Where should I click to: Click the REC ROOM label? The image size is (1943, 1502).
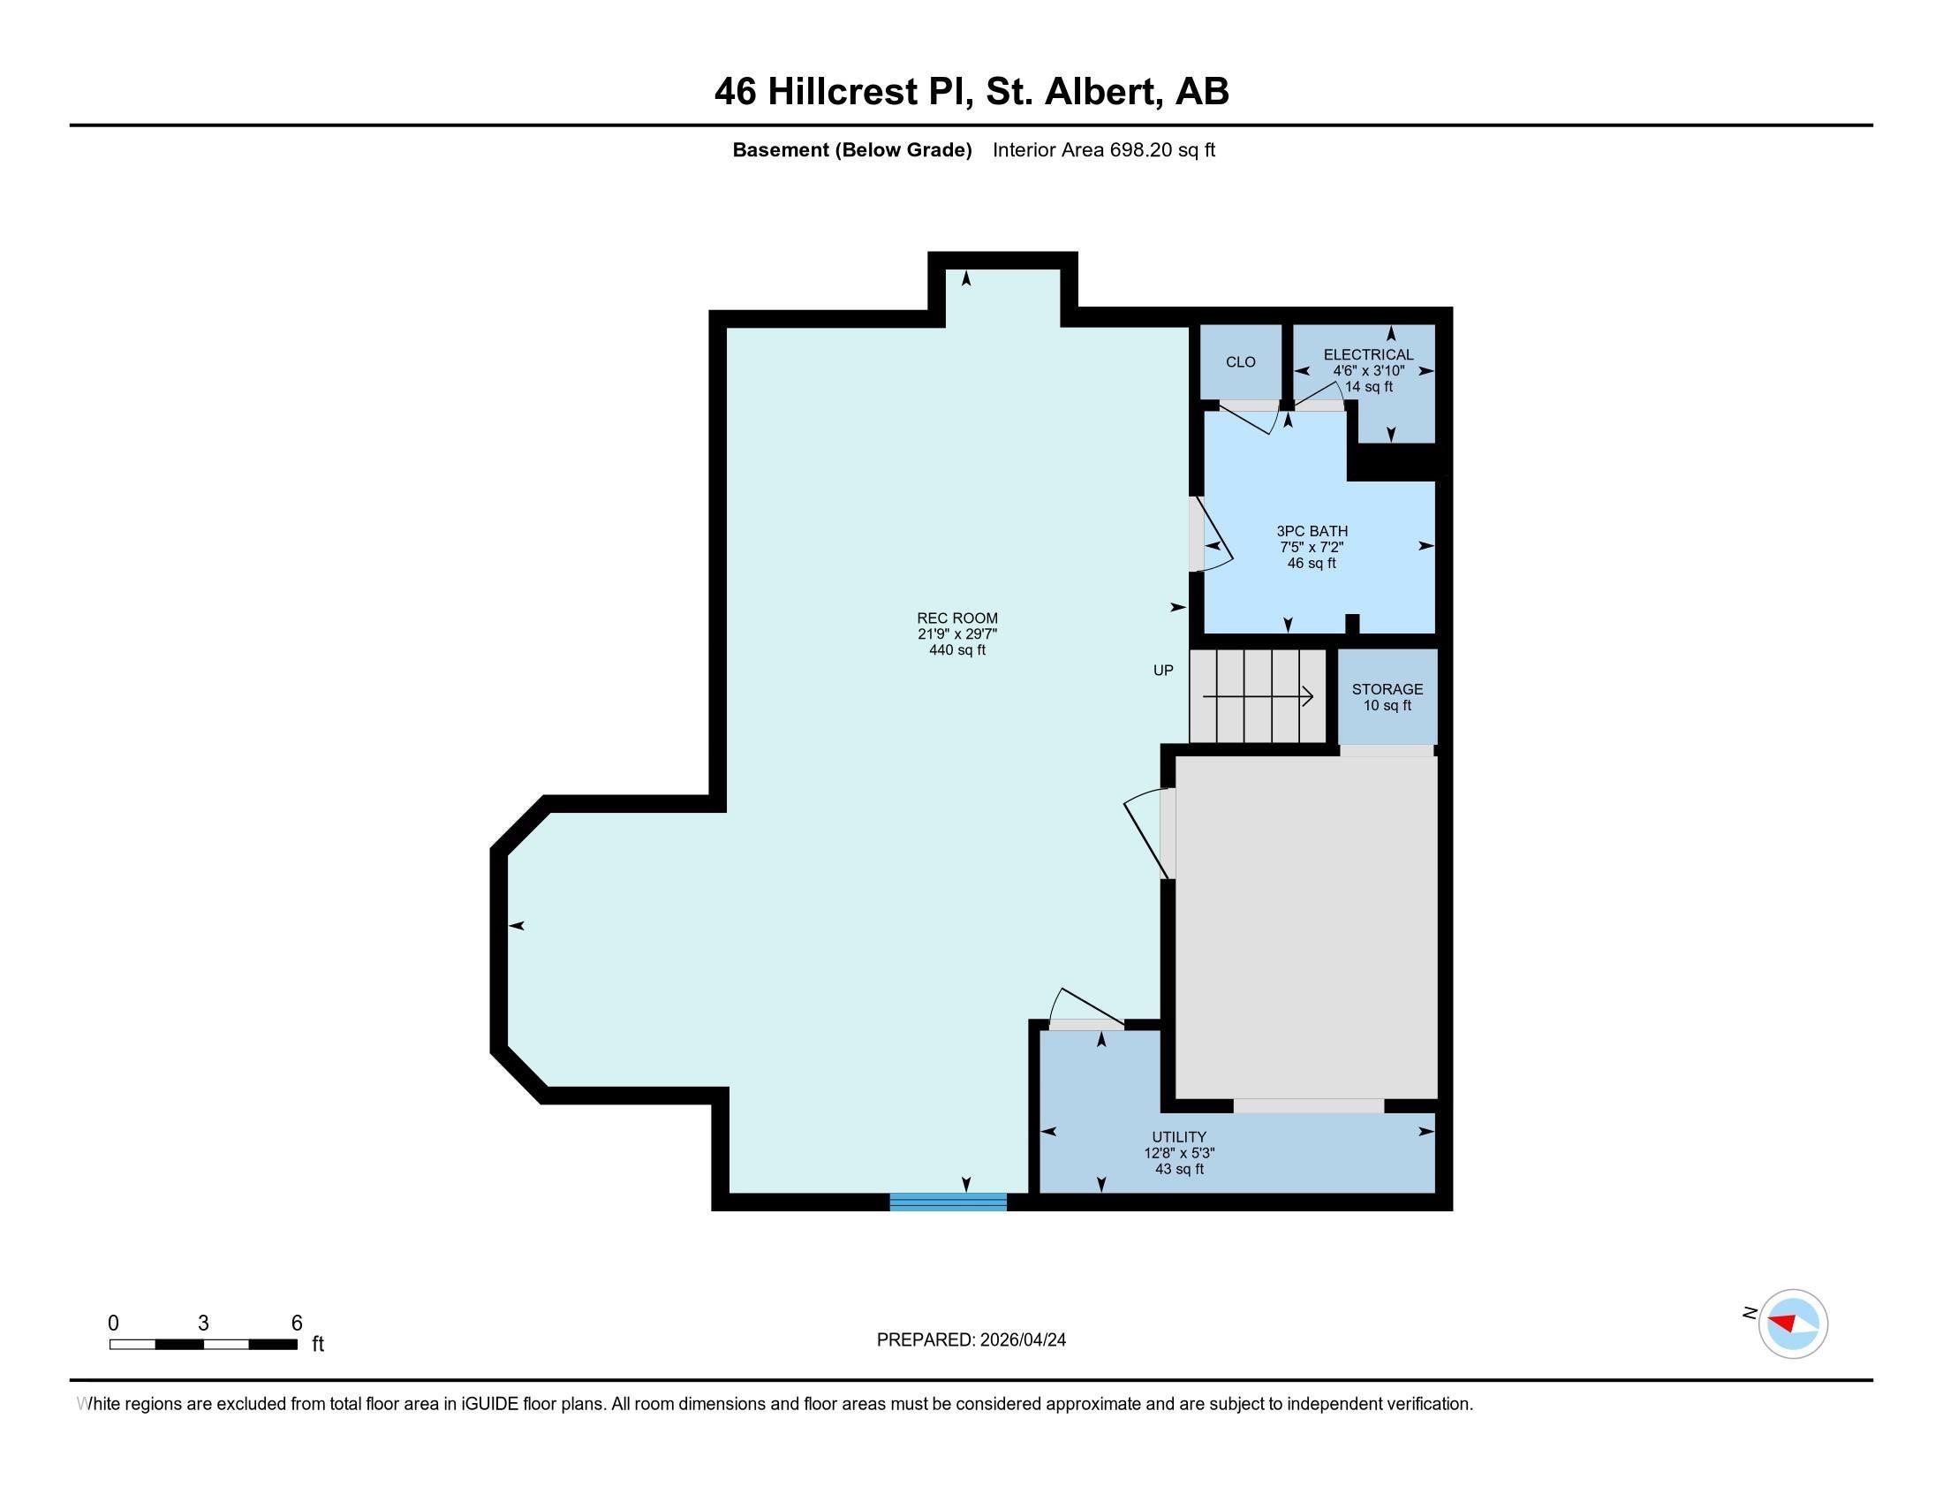click(957, 618)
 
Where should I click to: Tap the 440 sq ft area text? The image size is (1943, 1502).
click(957, 650)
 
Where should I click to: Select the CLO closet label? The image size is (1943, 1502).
click(1240, 362)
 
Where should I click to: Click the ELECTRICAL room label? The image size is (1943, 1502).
click(1368, 354)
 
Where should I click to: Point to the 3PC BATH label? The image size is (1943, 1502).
click(1312, 531)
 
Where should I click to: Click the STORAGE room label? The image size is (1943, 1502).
click(1387, 689)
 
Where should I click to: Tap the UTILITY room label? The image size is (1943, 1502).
click(1179, 1136)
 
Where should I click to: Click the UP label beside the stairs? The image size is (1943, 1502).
click(1163, 670)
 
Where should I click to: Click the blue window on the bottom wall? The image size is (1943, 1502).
click(948, 1202)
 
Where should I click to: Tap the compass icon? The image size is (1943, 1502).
click(1793, 1324)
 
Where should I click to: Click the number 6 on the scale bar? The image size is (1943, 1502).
click(297, 1323)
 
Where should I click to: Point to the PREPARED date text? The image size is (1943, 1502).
click(971, 1339)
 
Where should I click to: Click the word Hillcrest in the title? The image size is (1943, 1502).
click(842, 92)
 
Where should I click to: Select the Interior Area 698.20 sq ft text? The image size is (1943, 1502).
click(1103, 149)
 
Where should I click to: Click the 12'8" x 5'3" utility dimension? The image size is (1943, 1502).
click(1179, 1152)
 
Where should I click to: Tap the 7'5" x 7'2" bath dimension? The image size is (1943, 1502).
click(1312, 547)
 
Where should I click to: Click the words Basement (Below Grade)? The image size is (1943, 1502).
click(851, 149)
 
